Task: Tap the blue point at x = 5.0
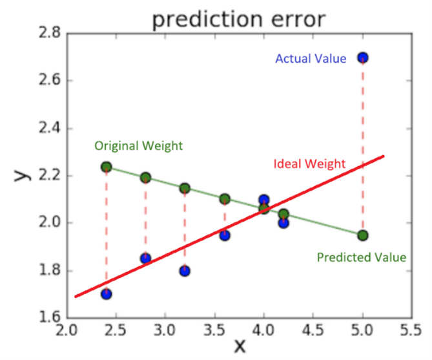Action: (x=363, y=58)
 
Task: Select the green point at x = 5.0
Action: (x=363, y=235)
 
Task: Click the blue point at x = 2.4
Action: (x=107, y=294)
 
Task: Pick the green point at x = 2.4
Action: (x=107, y=167)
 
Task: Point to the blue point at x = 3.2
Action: (x=185, y=271)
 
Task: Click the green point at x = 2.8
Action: (x=145, y=177)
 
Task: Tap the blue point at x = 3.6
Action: (x=224, y=235)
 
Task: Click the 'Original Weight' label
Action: (x=138, y=146)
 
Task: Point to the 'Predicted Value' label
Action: (x=361, y=257)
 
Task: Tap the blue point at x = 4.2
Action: (x=283, y=223)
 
